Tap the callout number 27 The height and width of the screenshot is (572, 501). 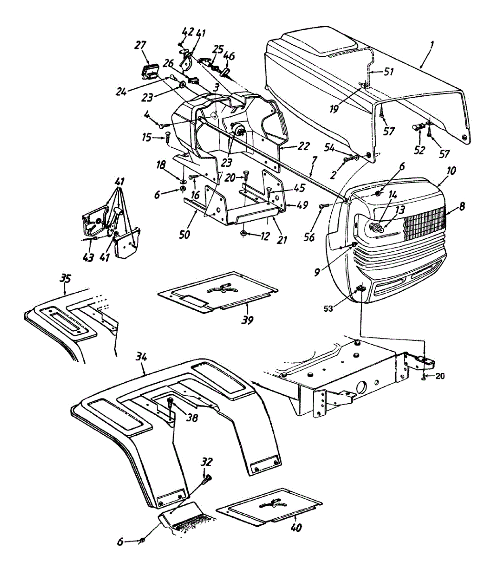tap(140, 45)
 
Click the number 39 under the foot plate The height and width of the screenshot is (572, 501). tap(247, 319)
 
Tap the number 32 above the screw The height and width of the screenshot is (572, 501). tap(206, 462)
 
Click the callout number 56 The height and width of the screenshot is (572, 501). tap(309, 236)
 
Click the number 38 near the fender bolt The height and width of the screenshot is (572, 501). tap(192, 418)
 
